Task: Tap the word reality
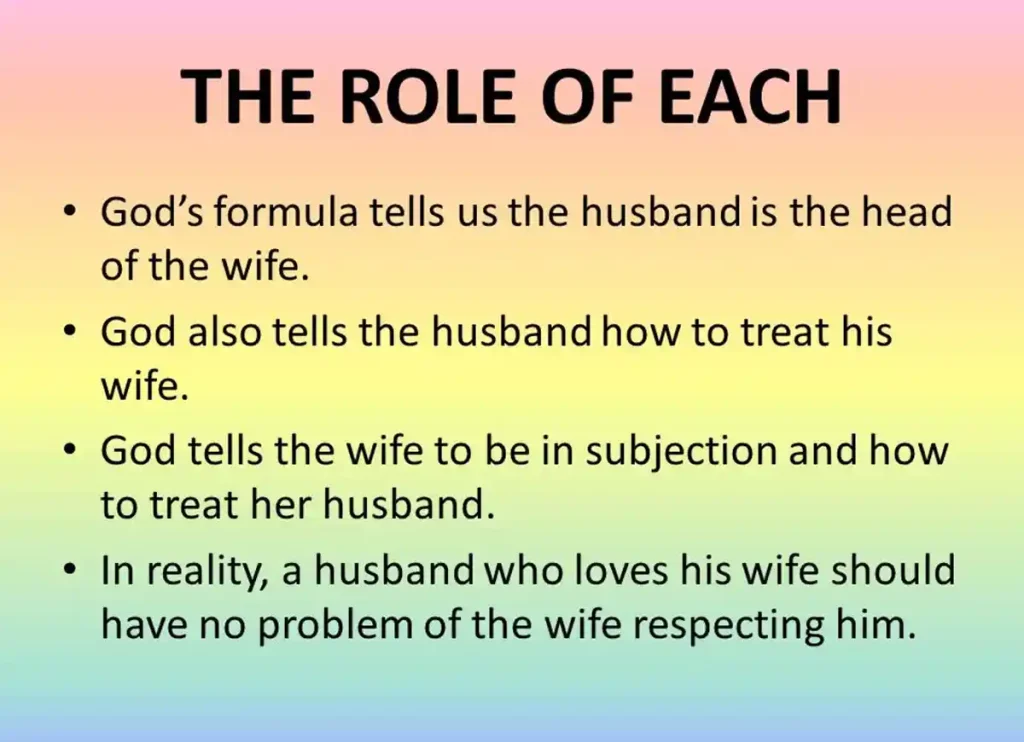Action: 207,569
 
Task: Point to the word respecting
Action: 739,626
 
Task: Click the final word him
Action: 882,624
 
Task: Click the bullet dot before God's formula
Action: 67,216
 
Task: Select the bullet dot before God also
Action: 67,334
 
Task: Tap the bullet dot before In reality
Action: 67,571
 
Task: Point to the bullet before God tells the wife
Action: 67,452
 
